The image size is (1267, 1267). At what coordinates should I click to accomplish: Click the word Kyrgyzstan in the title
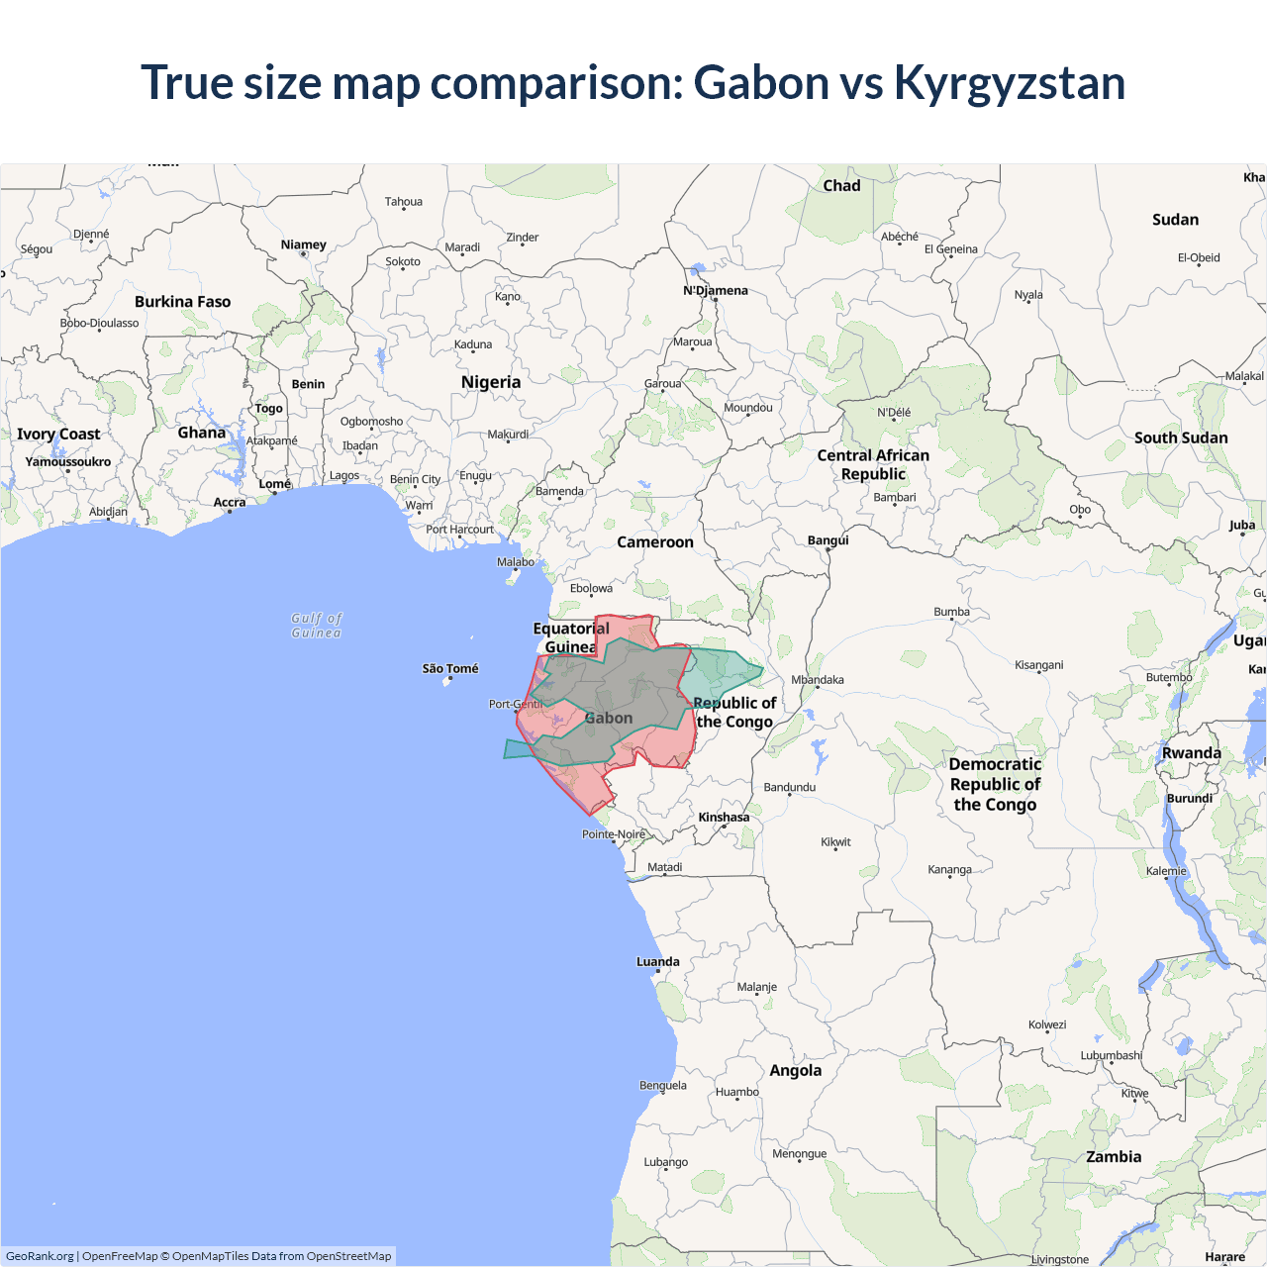1010,83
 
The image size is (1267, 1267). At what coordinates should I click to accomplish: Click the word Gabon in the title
761,83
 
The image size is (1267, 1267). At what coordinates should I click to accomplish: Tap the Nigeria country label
490,382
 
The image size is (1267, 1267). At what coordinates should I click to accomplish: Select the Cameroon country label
654,542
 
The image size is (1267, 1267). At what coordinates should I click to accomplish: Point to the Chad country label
841,186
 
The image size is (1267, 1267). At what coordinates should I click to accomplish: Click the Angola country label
795,1071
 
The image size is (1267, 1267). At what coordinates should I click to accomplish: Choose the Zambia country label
1114,1157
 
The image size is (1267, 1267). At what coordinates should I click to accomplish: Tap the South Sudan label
1181,438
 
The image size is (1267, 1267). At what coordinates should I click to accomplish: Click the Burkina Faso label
182,302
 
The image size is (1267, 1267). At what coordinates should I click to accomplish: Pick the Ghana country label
202,433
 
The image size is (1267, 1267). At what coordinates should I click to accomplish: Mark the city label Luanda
657,962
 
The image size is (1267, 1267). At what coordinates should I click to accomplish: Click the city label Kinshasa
724,818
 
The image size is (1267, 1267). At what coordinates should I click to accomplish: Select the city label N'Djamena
716,291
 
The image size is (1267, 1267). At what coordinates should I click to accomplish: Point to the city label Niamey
303,244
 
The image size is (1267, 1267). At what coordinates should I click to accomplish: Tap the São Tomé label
450,669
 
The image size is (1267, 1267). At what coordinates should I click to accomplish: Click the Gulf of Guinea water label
317,626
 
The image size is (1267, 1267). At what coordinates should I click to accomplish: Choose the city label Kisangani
1038,665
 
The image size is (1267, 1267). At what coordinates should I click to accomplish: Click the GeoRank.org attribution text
40,1256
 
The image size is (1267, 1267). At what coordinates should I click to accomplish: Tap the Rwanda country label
1191,753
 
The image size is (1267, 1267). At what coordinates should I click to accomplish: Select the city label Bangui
828,540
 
